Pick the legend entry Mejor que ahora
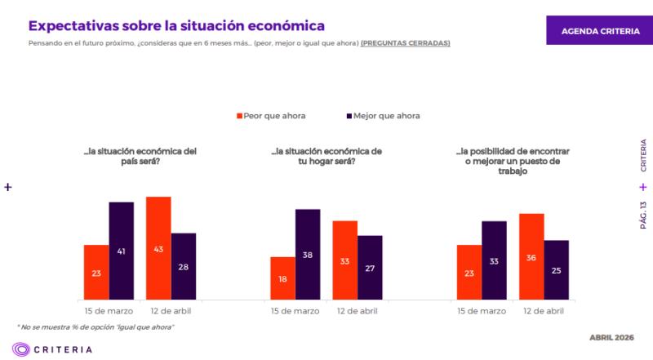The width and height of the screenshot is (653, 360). pos(383,116)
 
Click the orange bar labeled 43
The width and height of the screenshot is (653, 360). pos(158,248)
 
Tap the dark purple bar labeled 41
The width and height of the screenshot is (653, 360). pos(122,251)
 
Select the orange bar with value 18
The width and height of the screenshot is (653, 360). pos(282,278)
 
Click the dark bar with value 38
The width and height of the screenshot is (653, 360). pos(308,254)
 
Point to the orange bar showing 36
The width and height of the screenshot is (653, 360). pos(531,256)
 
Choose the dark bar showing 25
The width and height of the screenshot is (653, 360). pos(557,269)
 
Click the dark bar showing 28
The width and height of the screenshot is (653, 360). pos(184,266)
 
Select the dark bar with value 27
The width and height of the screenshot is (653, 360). pos(370,267)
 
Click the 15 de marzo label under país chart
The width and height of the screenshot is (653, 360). pos(109,311)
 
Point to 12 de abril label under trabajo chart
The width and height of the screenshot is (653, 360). pos(544,311)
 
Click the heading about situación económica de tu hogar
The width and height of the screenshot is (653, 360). pos(326,156)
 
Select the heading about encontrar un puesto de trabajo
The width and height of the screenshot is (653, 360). pos(513,161)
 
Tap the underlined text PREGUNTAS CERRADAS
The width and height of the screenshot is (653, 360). pos(405,42)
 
